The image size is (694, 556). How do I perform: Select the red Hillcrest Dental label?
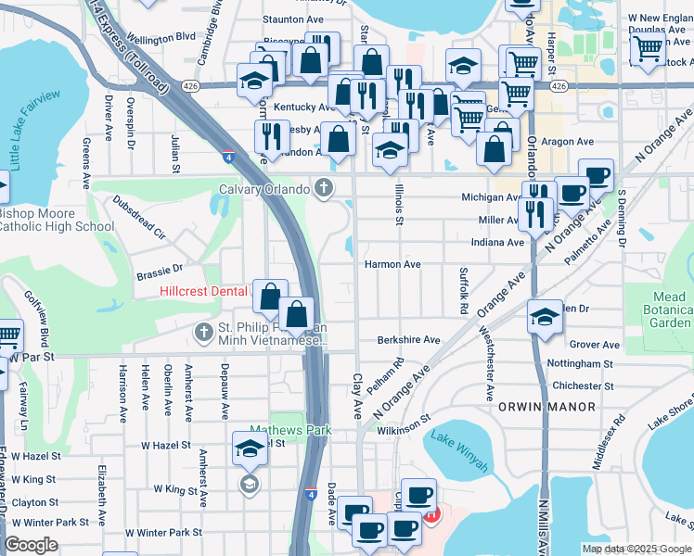(203, 291)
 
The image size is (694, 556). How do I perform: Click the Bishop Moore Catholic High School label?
(56, 219)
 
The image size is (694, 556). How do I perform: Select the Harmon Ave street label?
(392, 264)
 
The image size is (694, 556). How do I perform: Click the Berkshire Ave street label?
(408, 340)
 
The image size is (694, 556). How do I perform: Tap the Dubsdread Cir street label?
(137, 217)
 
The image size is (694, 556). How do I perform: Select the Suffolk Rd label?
(463, 289)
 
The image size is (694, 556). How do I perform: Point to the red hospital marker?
(431, 512)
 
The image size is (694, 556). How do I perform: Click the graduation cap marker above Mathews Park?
(249, 450)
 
